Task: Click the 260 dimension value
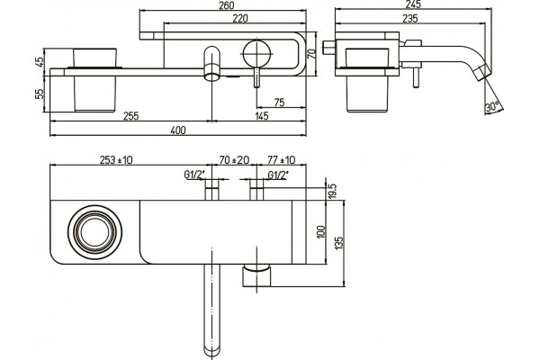[226, 5]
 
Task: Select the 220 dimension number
[239, 18]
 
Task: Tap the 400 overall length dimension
[178, 130]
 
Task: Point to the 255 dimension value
[130, 116]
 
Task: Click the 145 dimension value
[262, 116]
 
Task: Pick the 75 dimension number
[279, 103]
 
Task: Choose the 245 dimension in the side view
[413, 4]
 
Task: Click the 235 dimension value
[409, 18]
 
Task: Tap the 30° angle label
[492, 106]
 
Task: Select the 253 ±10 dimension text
[116, 160]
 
